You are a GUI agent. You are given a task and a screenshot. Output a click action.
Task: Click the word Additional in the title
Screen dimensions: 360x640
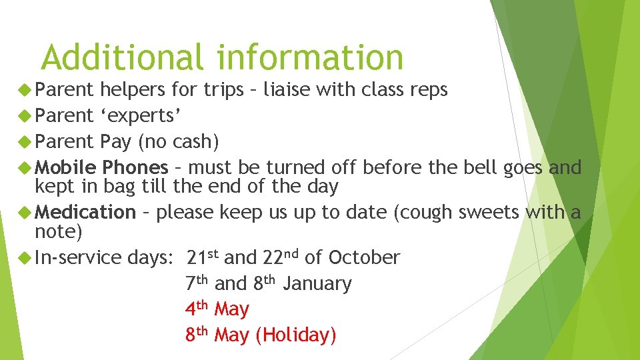[x=121, y=57]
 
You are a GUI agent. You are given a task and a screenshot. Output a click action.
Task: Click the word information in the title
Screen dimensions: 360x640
[x=310, y=57]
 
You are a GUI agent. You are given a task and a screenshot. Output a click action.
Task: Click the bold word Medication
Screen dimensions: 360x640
[x=85, y=212]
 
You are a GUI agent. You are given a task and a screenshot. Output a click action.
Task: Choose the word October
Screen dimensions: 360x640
[x=364, y=257]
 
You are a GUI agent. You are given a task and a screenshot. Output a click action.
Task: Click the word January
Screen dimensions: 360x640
[x=317, y=283]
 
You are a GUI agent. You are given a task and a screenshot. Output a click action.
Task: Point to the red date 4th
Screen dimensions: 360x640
[x=197, y=309]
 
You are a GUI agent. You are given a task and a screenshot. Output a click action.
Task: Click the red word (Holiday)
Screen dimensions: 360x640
[x=295, y=335]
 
